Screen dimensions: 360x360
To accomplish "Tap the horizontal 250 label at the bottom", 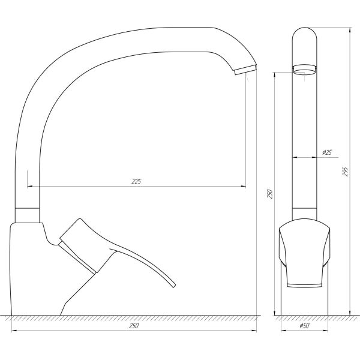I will click(x=134, y=325).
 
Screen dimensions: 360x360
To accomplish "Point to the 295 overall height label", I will click(x=345, y=171).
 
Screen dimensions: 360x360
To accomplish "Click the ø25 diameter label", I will click(x=327, y=152).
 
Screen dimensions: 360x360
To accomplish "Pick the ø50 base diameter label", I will click(x=304, y=326).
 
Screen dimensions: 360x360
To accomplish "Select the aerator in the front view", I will click(x=304, y=69).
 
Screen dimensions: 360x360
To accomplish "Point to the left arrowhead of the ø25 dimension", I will click(x=295, y=158).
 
